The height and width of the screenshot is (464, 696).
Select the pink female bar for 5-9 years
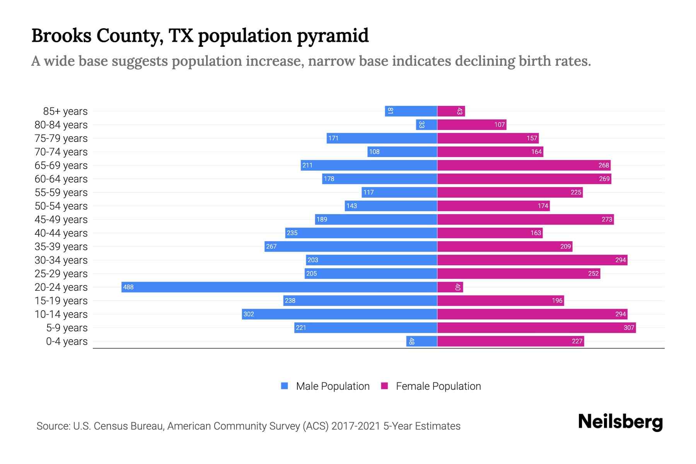(536, 328)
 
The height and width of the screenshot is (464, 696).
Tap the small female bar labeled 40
(450, 287)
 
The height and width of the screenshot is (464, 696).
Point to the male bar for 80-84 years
(426, 125)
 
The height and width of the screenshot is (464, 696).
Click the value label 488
(128, 287)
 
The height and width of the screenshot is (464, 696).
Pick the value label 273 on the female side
(607, 219)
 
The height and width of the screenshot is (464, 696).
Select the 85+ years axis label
(65, 111)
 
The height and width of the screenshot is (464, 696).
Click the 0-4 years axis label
(67, 341)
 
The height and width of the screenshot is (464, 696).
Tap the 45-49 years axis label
(61, 220)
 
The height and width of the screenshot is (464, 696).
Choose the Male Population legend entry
(333, 386)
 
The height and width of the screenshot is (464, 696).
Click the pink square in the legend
(384, 386)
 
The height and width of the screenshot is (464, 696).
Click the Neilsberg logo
(620, 422)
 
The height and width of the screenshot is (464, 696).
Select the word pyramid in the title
(333, 36)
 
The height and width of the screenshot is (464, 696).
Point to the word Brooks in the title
(61, 36)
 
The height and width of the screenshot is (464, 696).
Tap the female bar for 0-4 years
(510, 341)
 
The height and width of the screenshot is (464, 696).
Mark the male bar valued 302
(339, 314)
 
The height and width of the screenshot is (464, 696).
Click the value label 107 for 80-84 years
(499, 125)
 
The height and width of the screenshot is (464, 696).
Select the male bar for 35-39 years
(351, 246)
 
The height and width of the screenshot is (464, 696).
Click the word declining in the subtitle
(484, 61)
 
